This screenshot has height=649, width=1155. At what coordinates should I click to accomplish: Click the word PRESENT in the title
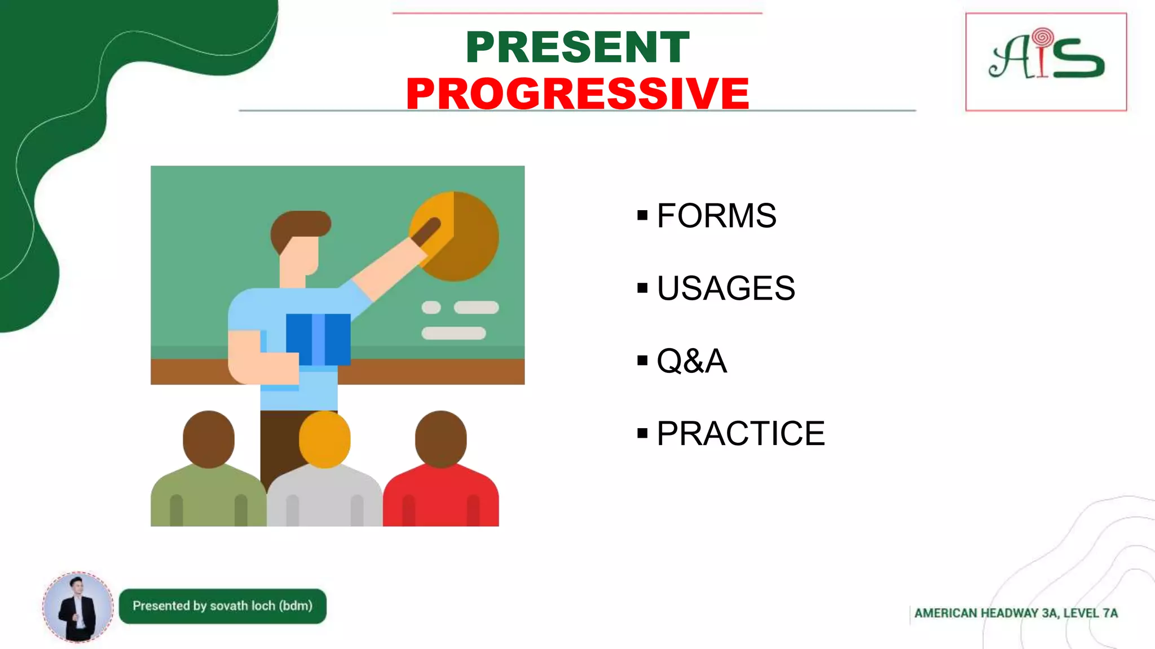coord(577,47)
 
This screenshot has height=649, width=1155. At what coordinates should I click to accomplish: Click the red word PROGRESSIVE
coord(577,94)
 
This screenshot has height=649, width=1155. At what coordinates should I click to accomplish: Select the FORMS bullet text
coord(716,216)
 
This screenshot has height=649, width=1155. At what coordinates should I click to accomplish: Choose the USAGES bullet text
coord(726,288)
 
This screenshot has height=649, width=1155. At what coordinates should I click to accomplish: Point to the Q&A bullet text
coord(691,361)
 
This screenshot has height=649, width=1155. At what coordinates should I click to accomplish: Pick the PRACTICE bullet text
coord(740,433)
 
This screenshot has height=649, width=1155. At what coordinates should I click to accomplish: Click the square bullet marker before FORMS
coord(642,215)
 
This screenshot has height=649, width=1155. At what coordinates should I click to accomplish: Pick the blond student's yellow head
coord(324,439)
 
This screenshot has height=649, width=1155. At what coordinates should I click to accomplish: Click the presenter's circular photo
coord(78,607)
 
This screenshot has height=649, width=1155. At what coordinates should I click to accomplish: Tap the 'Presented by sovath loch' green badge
coord(222,606)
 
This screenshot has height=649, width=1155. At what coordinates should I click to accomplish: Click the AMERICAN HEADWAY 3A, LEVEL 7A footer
coord(1015,614)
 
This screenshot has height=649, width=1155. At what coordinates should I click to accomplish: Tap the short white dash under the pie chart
coord(431,308)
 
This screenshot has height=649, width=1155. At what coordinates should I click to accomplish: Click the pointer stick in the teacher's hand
coord(427,231)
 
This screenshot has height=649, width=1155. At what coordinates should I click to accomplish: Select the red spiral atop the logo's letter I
coord(1043,37)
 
